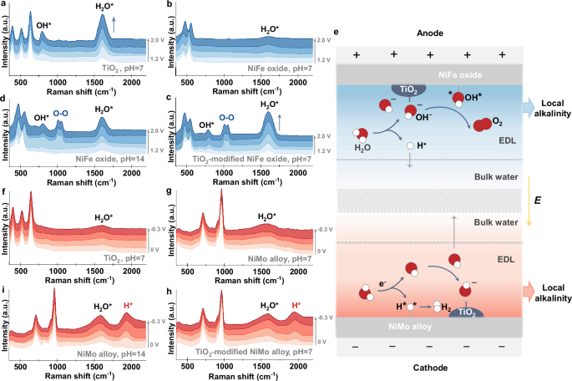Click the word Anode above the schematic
point(429,35)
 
